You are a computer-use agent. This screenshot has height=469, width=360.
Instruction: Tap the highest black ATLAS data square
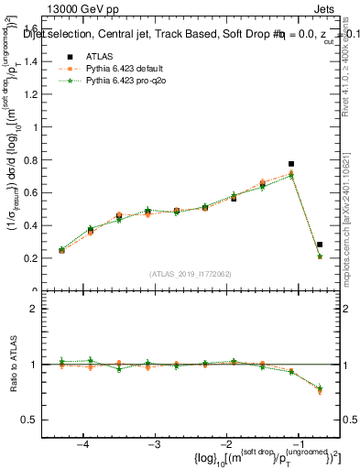tap(291, 164)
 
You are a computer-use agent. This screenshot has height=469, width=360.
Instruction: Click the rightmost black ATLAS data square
tap(320, 245)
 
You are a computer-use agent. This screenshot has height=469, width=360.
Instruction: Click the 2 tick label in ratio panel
tap(42, 309)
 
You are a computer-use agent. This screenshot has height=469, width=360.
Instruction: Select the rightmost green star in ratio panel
tap(320, 389)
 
